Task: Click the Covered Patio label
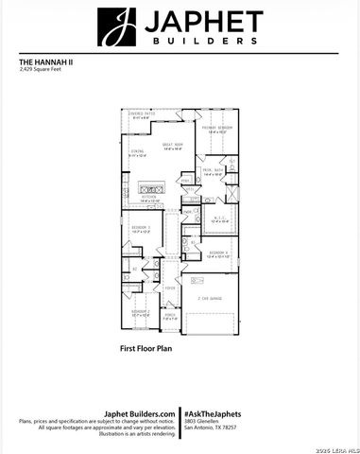tap(142, 115)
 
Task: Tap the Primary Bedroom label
tap(217, 131)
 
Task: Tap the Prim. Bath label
tap(213, 171)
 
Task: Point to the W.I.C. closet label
tap(219, 219)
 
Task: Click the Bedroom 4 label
tap(218, 253)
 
